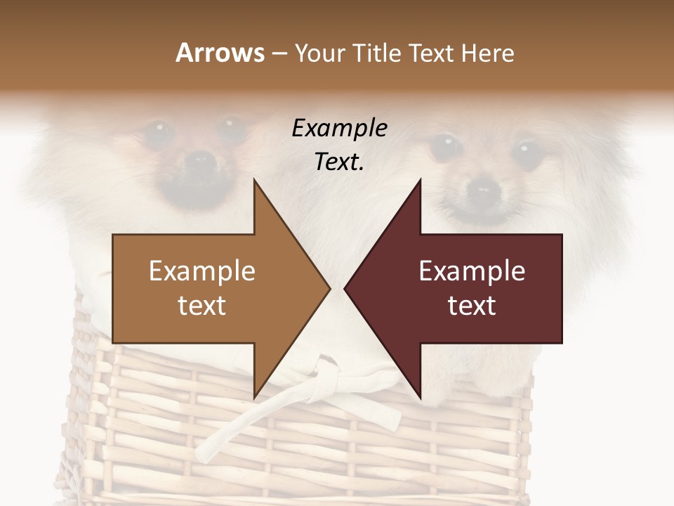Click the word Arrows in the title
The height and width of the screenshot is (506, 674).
click(x=220, y=53)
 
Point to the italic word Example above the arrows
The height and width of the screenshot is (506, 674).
click(x=339, y=129)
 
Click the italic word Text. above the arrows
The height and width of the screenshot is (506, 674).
click(x=339, y=162)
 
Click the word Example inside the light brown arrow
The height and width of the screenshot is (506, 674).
click(x=202, y=271)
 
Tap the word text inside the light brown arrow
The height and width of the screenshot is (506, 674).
click(x=202, y=305)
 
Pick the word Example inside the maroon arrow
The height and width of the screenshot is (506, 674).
click(x=472, y=271)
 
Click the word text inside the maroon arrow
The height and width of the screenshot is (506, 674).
click(x=472, y=305)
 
